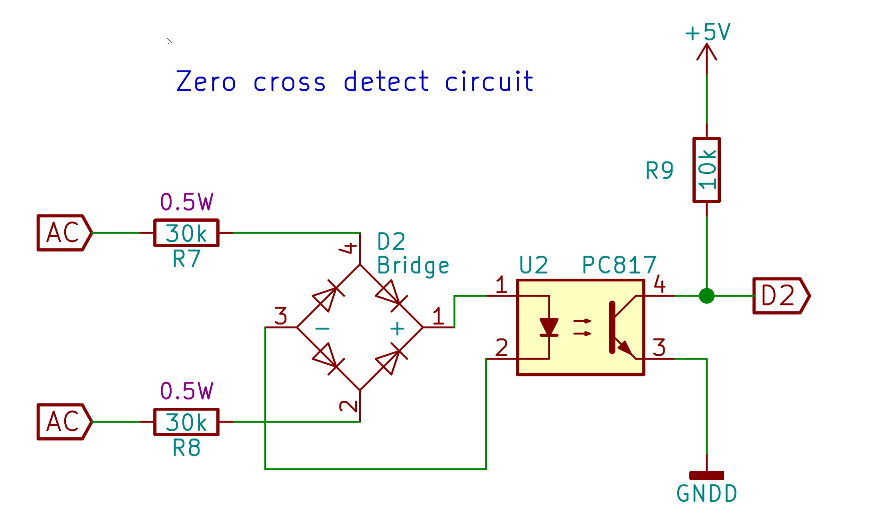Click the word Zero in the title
(x=206, y=82)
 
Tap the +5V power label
(x=708, y=32)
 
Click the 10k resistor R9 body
(x=706, y=170)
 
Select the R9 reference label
(x=660, y=171)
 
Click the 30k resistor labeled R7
(x=186, y=233)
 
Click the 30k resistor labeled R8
(x=186, y=422)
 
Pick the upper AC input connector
(x=64, y=233)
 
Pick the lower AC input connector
(x=64, y=422)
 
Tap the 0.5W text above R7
(x=186, y=202)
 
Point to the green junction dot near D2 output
(x=706, y=296)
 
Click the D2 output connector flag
(x=780, y=296)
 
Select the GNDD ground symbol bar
(x=706, y=475)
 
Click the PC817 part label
(x=619, y=265)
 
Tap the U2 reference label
(x=533, y=265)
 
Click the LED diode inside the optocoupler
(x=549, y=327)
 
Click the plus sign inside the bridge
(x=397, y=329)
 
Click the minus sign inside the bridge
(x=322, y=329)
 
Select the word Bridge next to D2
(x=413, y=266)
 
